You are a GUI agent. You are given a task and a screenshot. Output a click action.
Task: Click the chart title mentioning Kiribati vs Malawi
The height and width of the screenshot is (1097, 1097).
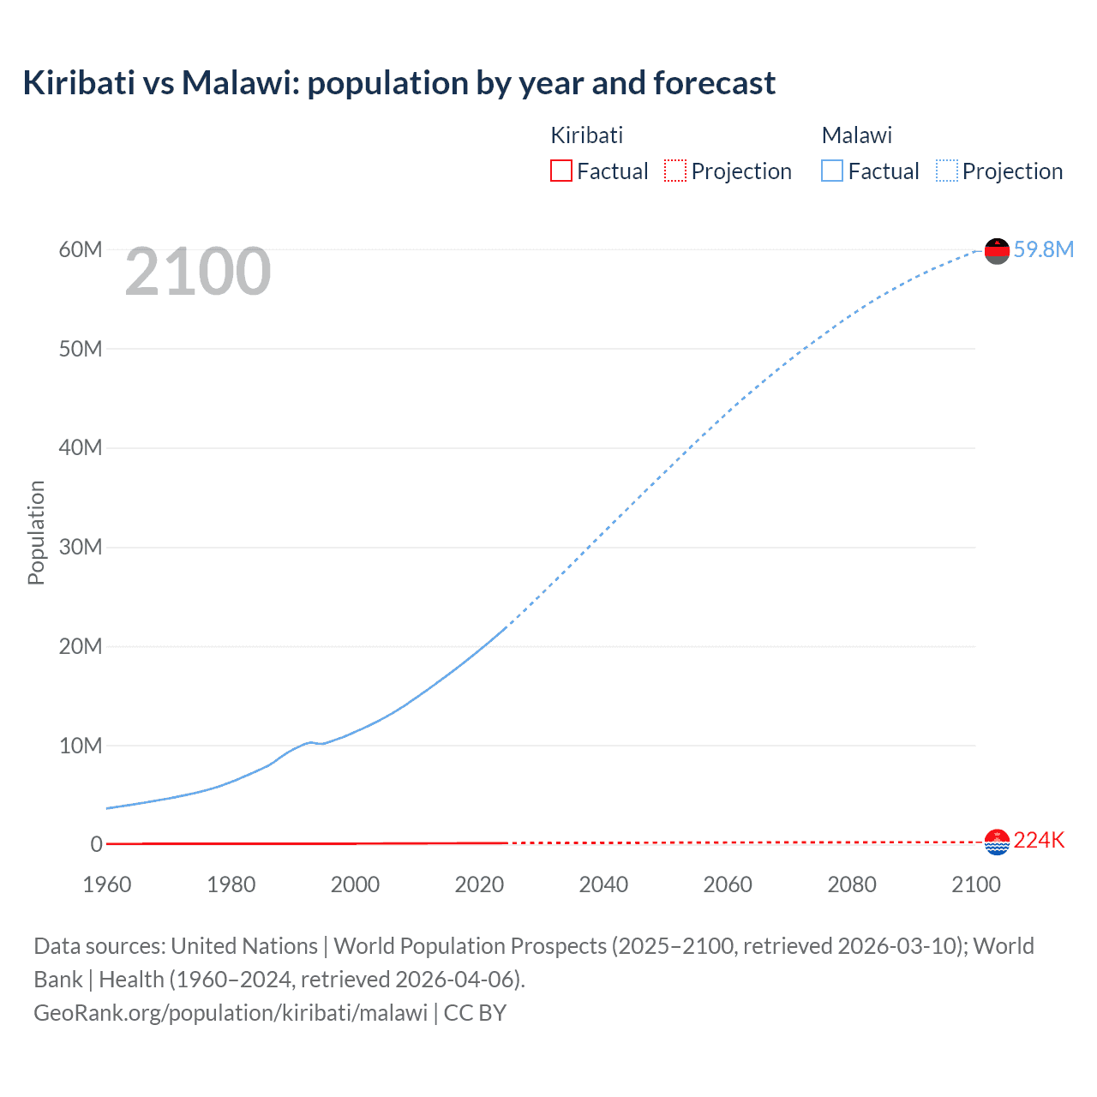[x=399, y=83]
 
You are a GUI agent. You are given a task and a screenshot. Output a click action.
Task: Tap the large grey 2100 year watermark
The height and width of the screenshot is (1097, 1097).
[x=198, y=273]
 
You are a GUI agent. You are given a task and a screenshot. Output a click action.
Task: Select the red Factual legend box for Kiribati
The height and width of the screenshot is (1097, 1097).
[x=560, y=171]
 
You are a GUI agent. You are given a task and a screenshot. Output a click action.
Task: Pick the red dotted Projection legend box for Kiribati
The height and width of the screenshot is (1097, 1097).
[x=675, y=171]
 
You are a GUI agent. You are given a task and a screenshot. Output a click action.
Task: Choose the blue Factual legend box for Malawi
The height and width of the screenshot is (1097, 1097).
[x=832, y=171]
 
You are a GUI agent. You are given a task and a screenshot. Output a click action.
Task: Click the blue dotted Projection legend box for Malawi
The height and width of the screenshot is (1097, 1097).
[x=946, y=171]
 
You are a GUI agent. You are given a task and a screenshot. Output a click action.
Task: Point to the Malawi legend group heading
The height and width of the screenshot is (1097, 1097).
[x=856, y=135]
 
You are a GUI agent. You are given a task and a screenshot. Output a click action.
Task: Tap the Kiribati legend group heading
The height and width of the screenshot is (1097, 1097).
[x=586, y=135]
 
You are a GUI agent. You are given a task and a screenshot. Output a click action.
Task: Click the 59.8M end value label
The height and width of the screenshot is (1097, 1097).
[x=1043, y=249]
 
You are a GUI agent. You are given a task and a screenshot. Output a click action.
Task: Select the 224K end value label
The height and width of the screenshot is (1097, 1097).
[x=1039, y=841]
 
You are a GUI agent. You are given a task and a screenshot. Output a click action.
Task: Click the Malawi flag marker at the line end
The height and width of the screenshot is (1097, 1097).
[x=997, y=250]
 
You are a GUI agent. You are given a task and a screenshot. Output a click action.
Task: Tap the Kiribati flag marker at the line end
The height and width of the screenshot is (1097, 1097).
[x=997, y=842]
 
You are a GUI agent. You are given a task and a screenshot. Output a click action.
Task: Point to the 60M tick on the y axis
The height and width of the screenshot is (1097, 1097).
[x=81, y=249]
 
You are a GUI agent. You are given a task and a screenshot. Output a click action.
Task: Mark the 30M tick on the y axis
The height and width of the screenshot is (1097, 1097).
[x=81, y=547]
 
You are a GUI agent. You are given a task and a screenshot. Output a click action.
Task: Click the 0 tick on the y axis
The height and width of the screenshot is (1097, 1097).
[x=96, y=844]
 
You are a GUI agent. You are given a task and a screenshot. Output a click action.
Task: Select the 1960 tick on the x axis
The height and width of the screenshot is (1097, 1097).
[x=107, y=884]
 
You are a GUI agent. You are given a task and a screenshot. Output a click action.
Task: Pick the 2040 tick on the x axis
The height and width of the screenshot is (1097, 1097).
[x=603, y=884]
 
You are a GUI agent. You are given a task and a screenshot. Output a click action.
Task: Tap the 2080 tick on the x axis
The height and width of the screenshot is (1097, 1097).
[x=852, y=884]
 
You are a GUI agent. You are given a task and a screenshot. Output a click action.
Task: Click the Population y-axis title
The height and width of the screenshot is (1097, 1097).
[x=36, y=532]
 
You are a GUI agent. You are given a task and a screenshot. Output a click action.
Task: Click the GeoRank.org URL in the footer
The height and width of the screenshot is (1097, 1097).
[x=231, y=1013]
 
